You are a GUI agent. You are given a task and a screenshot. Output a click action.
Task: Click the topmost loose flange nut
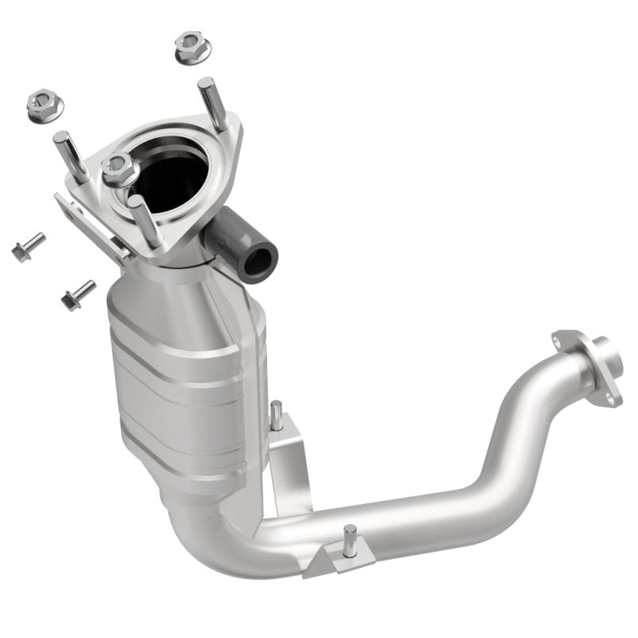(x=191, y=48)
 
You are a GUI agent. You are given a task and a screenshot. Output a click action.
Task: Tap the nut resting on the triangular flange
(x=118, y=168)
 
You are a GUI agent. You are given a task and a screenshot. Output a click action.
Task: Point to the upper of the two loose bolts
(x=28, y=246)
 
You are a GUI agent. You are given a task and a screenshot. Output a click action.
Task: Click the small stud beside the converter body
(x=277, y=415)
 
